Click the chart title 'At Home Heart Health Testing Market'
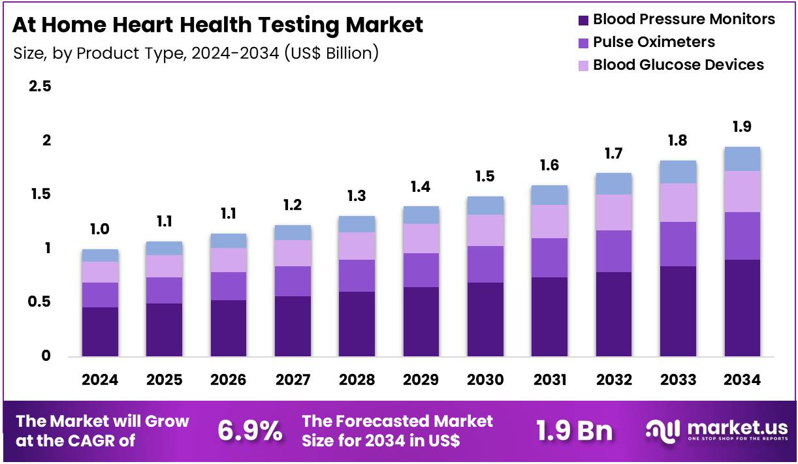[217, 25]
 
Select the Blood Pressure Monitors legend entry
[677, 20]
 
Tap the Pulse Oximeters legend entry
[646, 42]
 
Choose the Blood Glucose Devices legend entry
[671, 65]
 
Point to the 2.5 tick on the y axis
[39, 87]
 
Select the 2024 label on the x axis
[100, 380]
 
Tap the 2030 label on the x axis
[485, 380]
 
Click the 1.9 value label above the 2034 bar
[742, 127]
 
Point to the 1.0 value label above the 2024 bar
[100, 229]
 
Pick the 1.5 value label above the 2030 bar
[485, 176]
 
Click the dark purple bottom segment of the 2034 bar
[742, 308]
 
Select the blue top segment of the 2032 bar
[614, 183]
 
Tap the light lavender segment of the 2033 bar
[678, 202]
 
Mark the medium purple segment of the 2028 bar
[357, 275]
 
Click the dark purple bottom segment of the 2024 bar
[100, 332]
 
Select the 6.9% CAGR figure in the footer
[249, 431]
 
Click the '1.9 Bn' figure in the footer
[574, 431]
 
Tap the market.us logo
[716, 431]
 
